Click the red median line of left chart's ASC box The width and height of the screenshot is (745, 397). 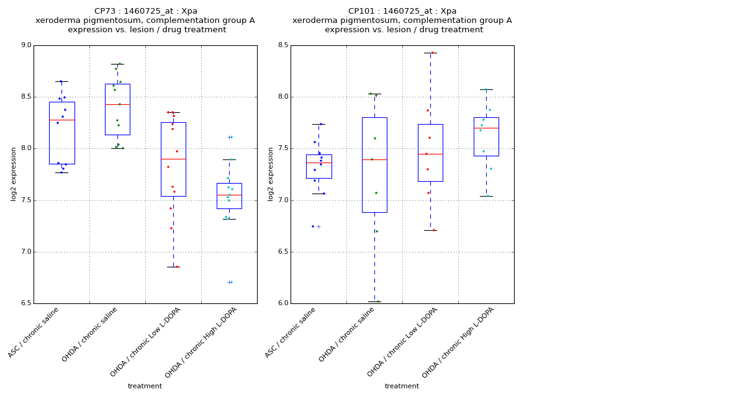click(61, 120)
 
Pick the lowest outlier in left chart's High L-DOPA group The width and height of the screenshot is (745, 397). click(230, 282)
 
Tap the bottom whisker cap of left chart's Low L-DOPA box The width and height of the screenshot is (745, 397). click(173, 267)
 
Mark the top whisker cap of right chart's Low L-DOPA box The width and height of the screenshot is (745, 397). click(430, 53)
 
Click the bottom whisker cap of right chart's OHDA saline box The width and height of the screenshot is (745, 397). click(374, 301)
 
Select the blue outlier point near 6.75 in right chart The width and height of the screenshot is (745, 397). click(313, 226)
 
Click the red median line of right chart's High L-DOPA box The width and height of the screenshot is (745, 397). click(486, 128)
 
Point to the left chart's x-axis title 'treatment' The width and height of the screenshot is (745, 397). click(145, 386)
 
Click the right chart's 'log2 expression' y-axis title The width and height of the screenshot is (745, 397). click(271, 174)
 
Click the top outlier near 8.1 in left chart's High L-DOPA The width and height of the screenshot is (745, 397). click(230, 137)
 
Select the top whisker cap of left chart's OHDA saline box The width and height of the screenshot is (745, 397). click(117, 64)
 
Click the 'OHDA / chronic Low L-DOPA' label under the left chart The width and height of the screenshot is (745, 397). click(146, 342)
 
